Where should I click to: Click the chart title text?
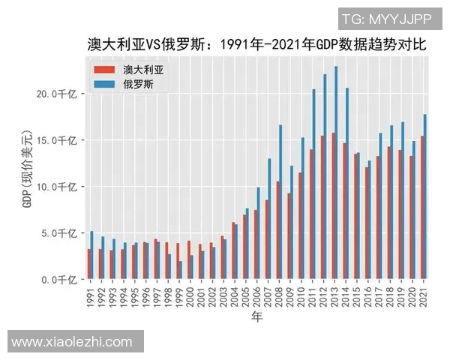(256, 44)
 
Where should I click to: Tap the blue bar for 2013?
(336, 172)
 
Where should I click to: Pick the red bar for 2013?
(332, 205)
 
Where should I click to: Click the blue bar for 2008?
(280, 202)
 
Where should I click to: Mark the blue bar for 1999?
(181, 270)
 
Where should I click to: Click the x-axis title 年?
(256, 319)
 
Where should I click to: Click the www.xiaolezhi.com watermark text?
(72, 342)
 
